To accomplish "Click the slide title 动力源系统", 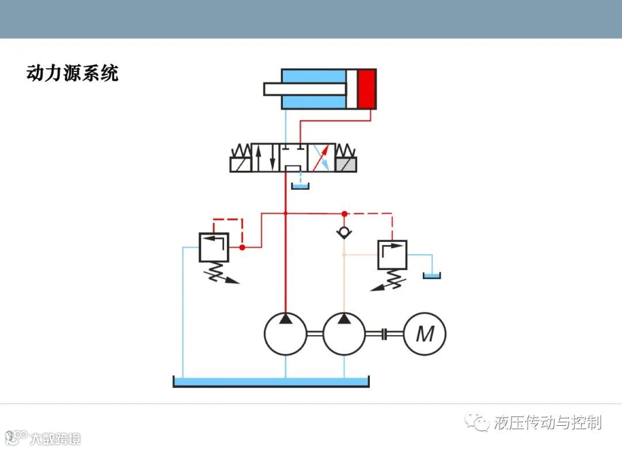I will (73, 73).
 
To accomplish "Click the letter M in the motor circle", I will (425, 333).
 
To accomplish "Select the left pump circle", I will (286, 333).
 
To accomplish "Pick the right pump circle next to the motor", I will (344, 333).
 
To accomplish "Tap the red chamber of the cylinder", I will (366, 89).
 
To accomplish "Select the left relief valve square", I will (213, 247).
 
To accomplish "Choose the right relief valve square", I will (392, 254).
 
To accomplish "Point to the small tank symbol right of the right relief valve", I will (431, 276).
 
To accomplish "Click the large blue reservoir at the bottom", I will (271, 381).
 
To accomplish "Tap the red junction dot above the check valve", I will (344, 213).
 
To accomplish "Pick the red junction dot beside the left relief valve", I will (242, 247).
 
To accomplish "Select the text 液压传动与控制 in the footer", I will (547, 422).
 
